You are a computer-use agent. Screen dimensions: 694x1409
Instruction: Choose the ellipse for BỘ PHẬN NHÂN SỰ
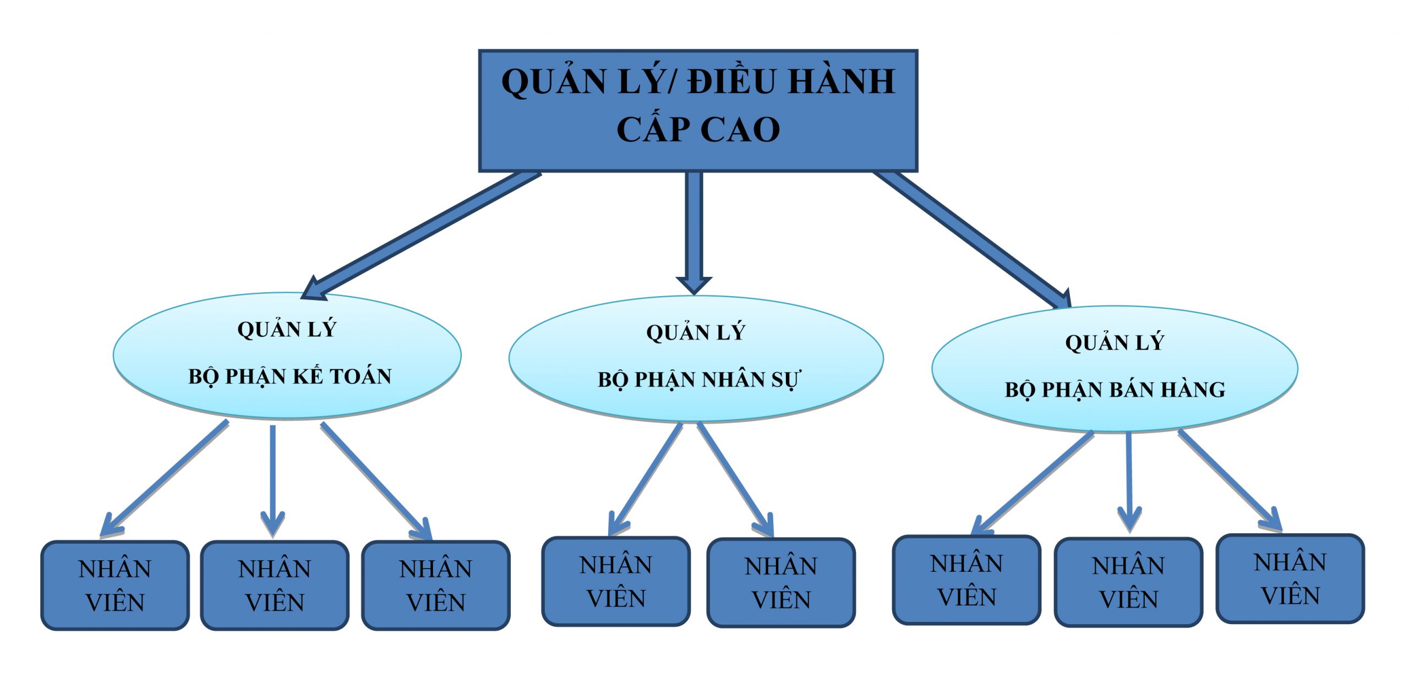tap(696, 358)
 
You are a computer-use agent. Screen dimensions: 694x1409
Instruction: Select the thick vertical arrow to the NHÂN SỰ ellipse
tap(694, 231)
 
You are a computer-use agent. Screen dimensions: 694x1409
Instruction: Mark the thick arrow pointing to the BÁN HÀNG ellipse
tap(974, 239)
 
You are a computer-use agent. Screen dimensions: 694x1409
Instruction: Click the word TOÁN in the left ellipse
tap(361, 376)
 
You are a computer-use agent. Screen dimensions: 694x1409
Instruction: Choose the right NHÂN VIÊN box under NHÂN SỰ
tap(781, 583)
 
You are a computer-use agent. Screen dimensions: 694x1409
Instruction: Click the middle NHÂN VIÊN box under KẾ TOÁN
tap(275, 585)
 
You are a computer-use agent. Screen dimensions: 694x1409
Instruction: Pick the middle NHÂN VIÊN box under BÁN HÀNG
tap(1128, 582)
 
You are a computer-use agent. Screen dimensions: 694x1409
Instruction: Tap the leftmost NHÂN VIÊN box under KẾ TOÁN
tap(115, 585)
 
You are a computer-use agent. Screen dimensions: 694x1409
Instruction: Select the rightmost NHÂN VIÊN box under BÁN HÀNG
tap(1290, 578)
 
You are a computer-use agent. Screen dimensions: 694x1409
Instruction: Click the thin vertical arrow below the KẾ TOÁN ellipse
tap(272, 479)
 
